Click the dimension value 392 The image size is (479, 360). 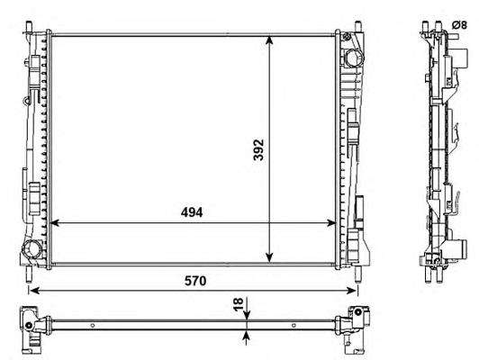tap(258, 149)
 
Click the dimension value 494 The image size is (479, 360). tap(192, 212)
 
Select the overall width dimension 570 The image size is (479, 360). tap(195, 281)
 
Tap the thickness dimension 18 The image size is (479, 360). tap(239, 304)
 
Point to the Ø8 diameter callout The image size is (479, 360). tap(459, 25)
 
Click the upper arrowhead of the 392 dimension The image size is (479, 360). tap(269, 40)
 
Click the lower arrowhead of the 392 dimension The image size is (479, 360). tap(269, 257)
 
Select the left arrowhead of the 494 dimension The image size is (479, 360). tap(54, 223)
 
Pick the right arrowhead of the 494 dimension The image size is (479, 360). tap(330, 223)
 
